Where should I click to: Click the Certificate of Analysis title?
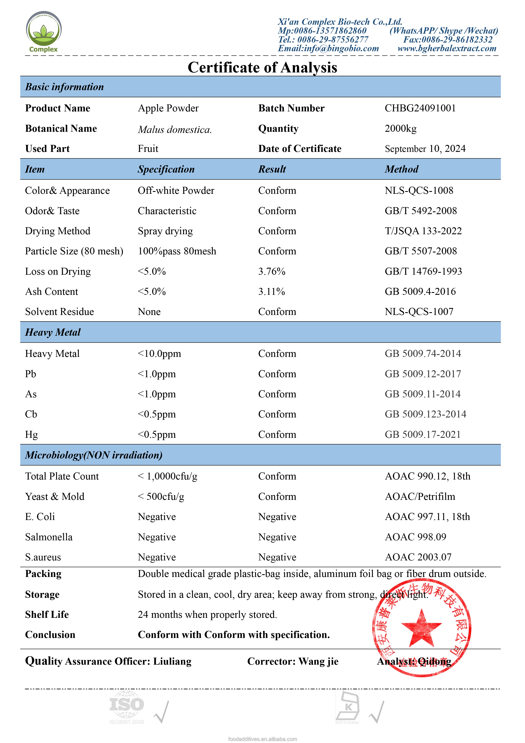[262, 68]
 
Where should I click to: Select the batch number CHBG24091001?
[420, 108]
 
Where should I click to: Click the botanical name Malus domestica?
[175, 129]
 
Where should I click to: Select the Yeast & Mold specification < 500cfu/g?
[161, 496]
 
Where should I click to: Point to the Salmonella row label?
[49, 537]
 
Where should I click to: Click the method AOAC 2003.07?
[418, 557]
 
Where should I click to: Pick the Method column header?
[401, 169]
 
